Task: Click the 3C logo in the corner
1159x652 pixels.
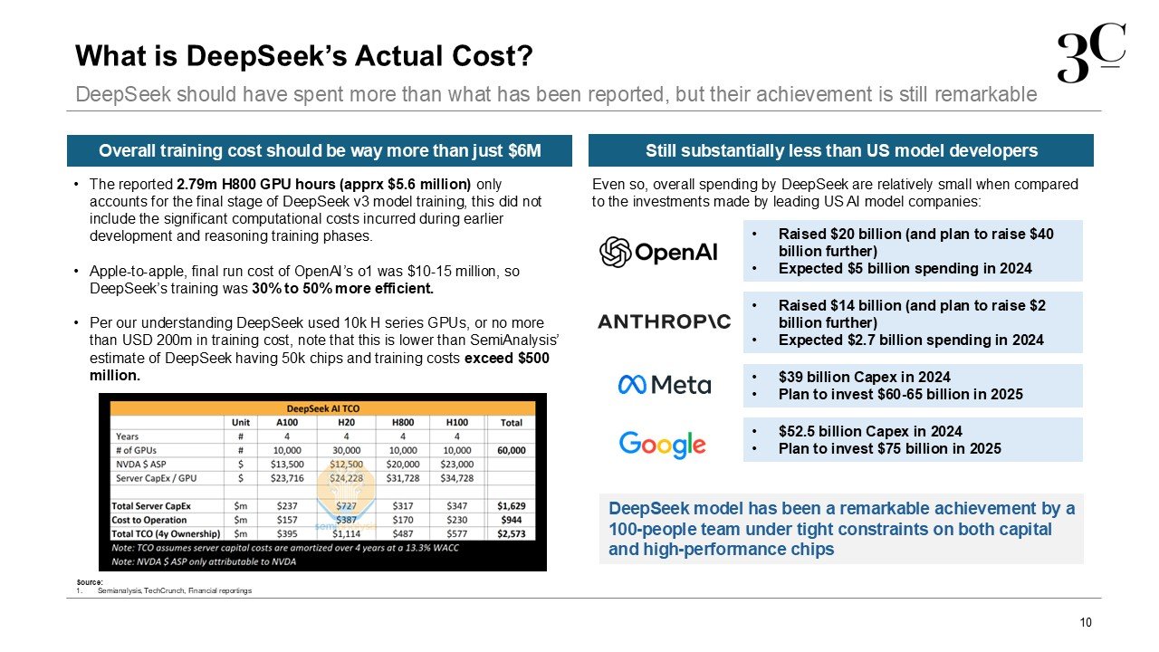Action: coord(1092,54)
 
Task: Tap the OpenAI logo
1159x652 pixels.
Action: coord(658,252)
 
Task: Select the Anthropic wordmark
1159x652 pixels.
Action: coord(664,321)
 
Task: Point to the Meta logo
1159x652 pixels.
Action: coord(664,385)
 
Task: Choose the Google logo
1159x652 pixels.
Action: coord(662,444)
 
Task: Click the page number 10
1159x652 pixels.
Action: coord(1086,622)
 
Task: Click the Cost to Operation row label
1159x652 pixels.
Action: coord(150,520)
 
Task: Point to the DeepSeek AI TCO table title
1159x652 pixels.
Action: coord(323,407)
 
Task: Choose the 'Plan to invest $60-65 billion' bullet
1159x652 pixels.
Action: coord(900,395)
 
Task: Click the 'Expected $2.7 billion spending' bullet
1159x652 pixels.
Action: coord(910,340)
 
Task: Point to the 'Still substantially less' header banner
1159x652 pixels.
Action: coord(841,150)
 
